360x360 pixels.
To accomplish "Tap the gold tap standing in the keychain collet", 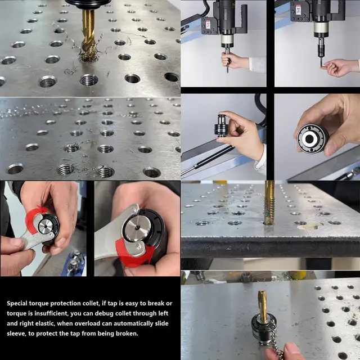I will (263, 307).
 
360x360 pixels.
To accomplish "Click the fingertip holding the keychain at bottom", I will (292, 352).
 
